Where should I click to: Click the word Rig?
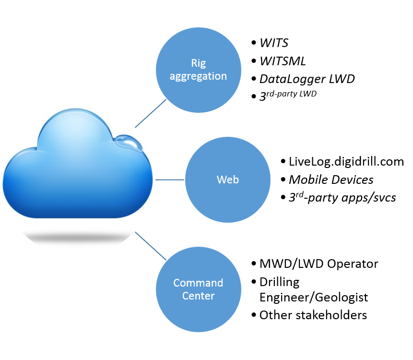click(x=198, y=63)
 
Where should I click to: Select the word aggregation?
click(x=198, y=76)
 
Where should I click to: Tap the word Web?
click(x=228, y=180)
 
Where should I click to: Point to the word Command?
click(x=198, y=283)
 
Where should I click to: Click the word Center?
click(x=198, y=296)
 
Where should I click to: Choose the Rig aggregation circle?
click(x=198, y=91)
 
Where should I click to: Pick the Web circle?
click(x=228, y=202)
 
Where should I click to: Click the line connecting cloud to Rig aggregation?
click(x=151, y=114)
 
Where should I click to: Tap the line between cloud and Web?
click(x=170, y=180)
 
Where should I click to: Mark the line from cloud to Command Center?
click(x=151, y=246)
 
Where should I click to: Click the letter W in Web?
click(x=221, y=180)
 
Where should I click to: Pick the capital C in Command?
click(x=177, y=283)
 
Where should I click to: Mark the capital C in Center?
click(x=185, y=296)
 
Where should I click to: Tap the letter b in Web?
click(x=236, y=180)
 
